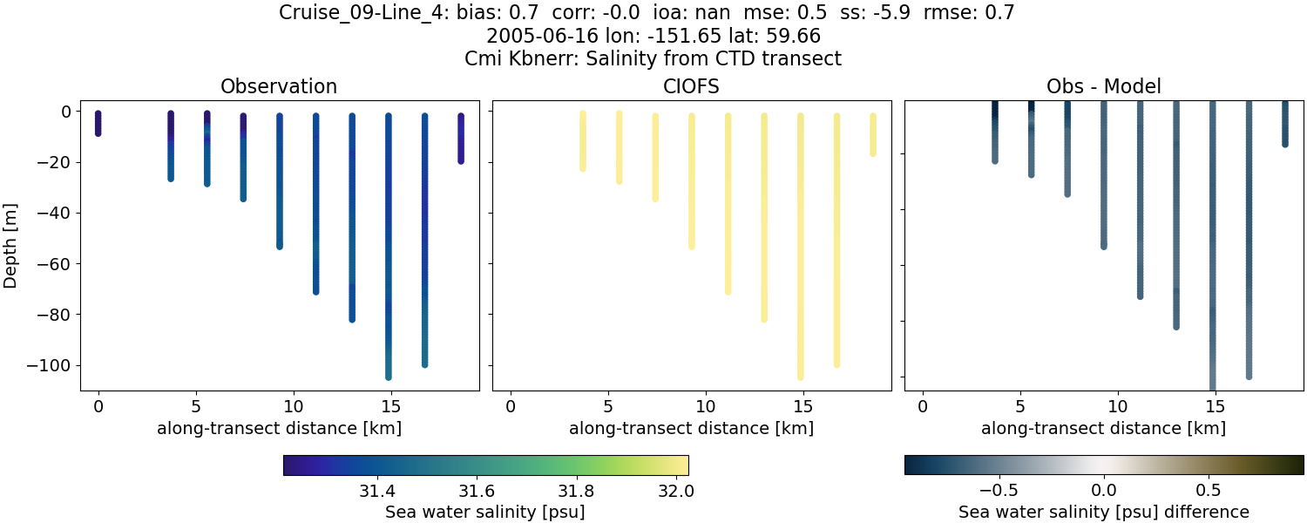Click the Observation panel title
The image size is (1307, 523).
pos(279,86)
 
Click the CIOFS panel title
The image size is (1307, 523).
pos(691,86)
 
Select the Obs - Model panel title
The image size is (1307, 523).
pos(1103,86)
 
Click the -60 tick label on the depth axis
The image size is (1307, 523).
pos(58,263)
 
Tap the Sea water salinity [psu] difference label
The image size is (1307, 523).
pos(1103,512)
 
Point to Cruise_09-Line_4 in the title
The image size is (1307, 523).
pos(363,13)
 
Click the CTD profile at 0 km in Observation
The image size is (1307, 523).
pos(98,123)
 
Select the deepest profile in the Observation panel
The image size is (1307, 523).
pos(389,244)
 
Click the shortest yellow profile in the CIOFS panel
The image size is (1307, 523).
pos(872,135)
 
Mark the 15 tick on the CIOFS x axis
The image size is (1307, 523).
pos(803,405)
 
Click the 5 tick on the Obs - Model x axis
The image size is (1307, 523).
pos(1020,405)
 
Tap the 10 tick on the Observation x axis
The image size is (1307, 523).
pos(294,405)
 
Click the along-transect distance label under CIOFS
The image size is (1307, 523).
pos(691,428)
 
